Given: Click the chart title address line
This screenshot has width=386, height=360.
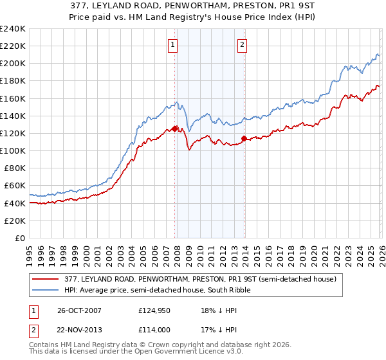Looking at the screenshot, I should click(192, 7).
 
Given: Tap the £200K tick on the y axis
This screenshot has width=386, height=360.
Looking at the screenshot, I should click(13, 64).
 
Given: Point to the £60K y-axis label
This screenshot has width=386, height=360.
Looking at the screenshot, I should click(15, 186).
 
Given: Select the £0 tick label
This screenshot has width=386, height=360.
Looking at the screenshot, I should click(20, 238).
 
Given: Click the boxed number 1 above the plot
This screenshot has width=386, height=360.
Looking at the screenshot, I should click(174, 44).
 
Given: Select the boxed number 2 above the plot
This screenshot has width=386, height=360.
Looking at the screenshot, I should click(242, 44).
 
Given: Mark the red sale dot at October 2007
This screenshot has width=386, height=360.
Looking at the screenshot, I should click(175, 129).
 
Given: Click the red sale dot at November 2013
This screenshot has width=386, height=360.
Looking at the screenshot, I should click(244, 138).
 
